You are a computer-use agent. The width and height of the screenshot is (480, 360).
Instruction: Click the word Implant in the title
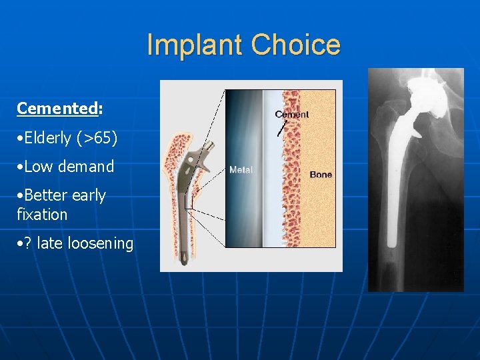pos(194,45)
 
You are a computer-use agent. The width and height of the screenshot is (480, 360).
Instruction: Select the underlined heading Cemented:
pos(59,108)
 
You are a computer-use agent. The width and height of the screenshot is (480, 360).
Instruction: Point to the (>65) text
pos(97,138)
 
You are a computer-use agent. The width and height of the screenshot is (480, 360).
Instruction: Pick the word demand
pos(86,167)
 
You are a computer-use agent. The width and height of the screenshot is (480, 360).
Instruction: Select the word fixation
pos(42,215)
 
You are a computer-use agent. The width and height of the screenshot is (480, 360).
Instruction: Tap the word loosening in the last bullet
pos(103,243)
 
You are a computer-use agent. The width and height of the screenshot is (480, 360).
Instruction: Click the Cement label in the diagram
pos(292,114)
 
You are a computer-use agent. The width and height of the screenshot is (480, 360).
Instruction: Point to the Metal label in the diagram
pos(241,170)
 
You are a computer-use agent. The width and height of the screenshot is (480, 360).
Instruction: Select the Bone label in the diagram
pos(321,175)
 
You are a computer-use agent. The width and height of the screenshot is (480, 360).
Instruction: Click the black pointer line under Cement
pos(282,129)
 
